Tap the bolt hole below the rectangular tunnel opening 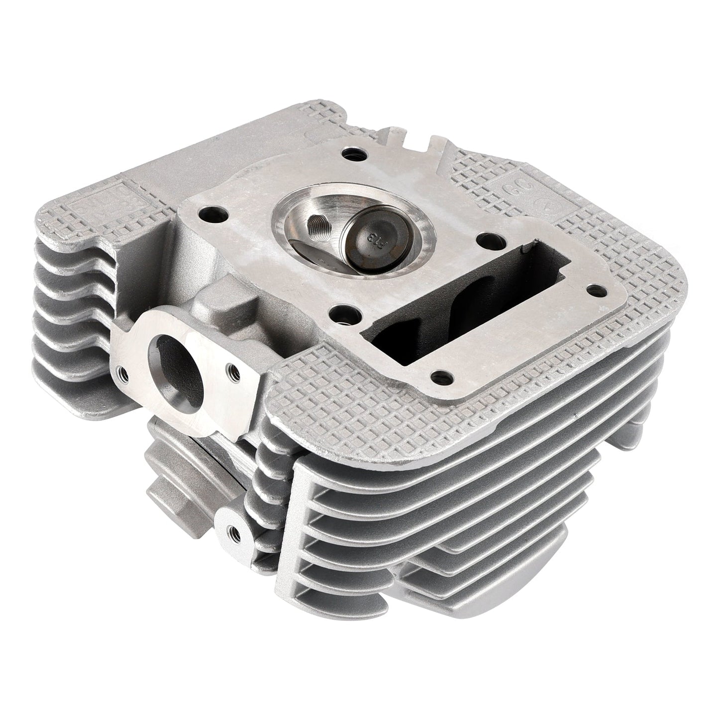[437, 375]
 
